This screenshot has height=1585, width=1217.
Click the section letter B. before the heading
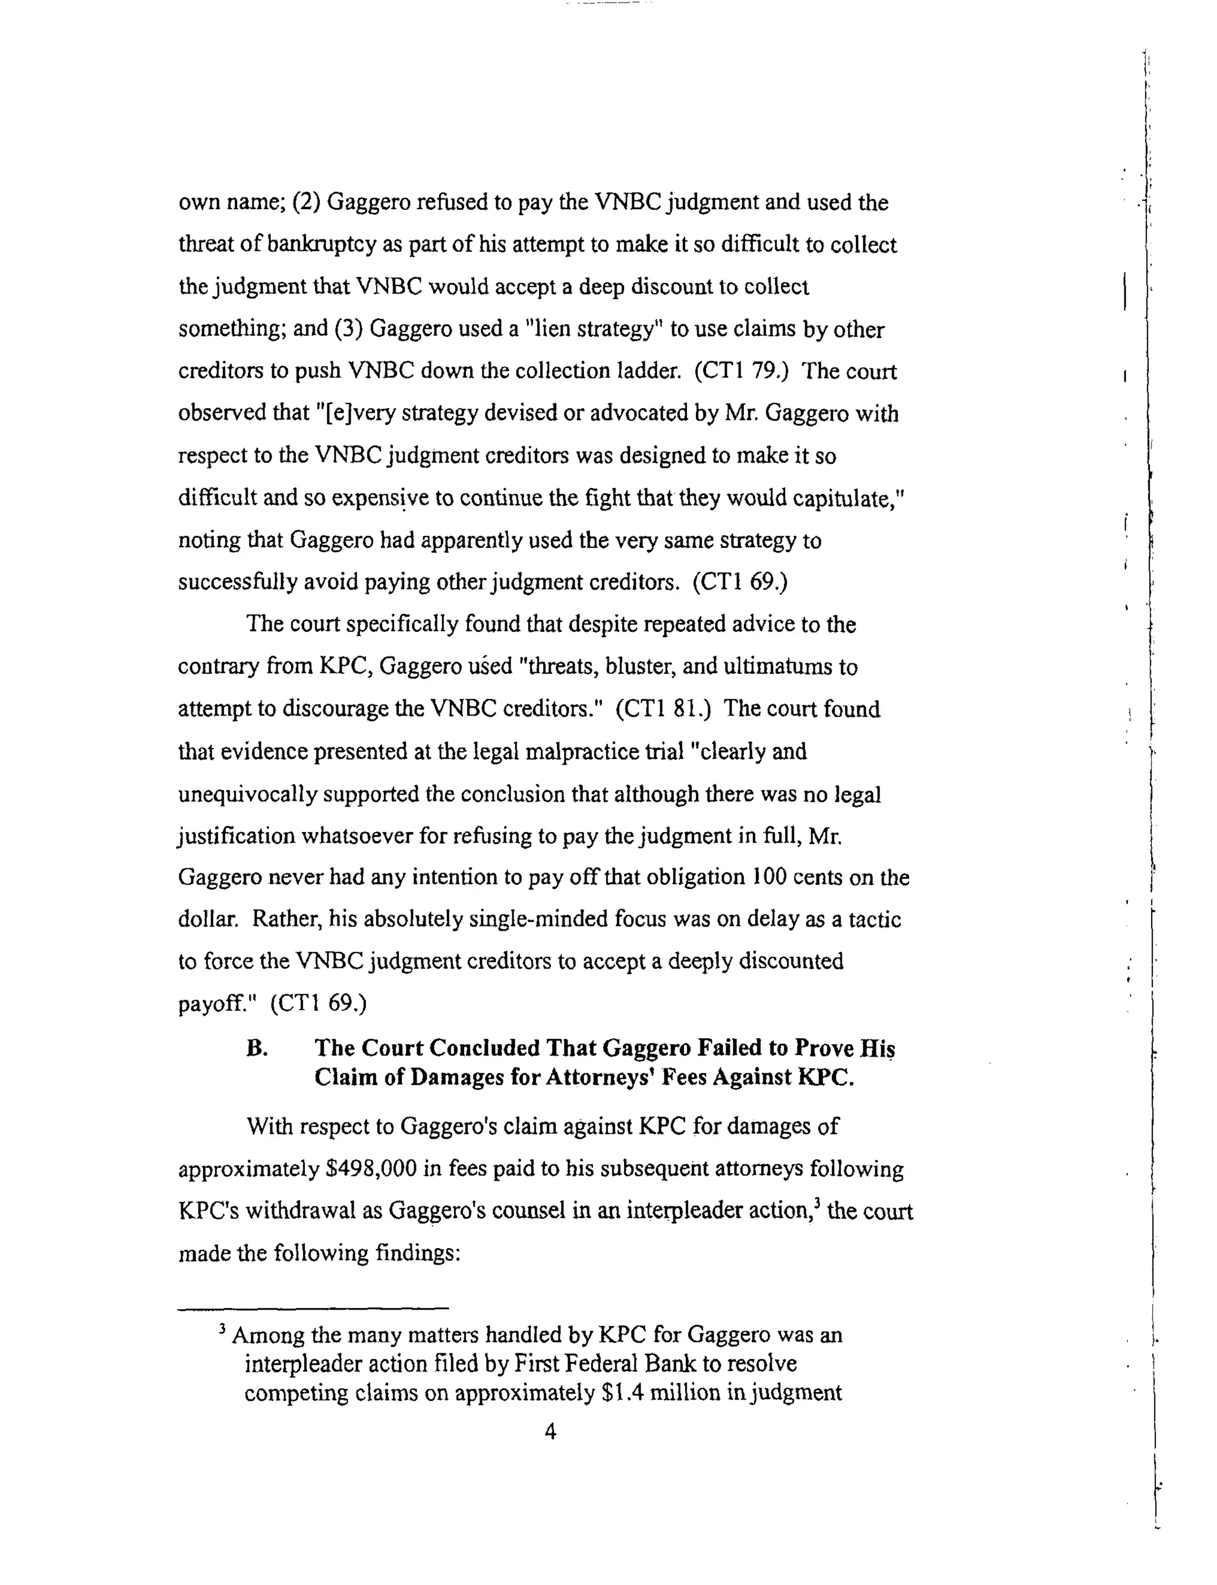tap(257, 1048)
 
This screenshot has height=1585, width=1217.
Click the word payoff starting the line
tap(215, 1004)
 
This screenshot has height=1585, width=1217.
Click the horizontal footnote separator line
tap(313, 1308)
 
